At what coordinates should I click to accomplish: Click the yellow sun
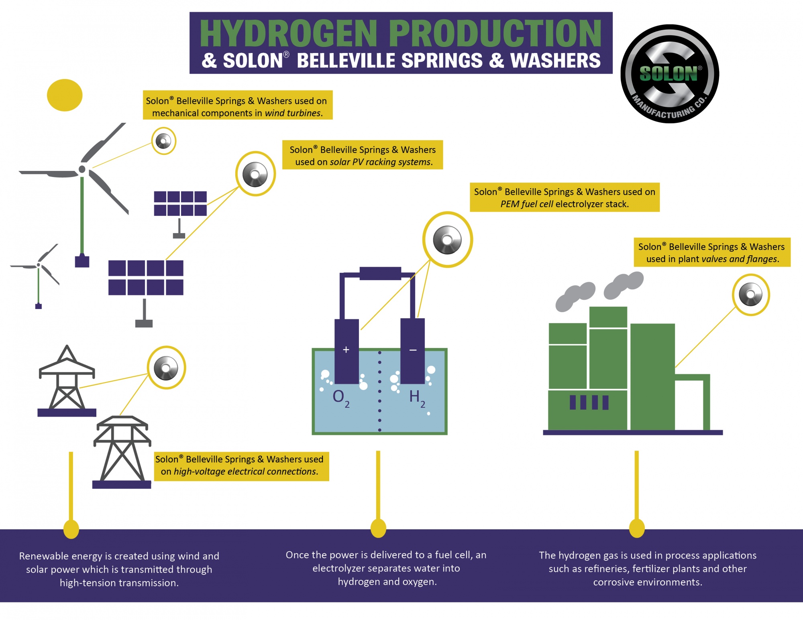tap(65, 95)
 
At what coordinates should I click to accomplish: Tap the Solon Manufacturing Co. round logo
tap(669, 74)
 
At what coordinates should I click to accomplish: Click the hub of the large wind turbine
tap(82, 169)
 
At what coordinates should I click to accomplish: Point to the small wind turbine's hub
tap(39, 265)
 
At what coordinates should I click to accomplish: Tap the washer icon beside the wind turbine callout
tap(163, 141)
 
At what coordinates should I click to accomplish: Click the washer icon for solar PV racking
tap(255, 174)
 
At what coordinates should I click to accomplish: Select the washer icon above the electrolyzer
tap(447, 240)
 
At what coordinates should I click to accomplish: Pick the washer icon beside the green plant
tap(750, 295)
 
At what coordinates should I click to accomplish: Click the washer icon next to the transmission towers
tap(166, 368)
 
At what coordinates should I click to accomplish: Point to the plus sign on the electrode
tap(346, 350)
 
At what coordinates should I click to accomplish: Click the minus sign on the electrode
tap(413, 350)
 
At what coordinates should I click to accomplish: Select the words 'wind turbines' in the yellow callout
tap(293, 113)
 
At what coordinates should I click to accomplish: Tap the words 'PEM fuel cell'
tap(526, 204)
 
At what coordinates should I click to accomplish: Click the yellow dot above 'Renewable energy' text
tap(71, 529)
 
